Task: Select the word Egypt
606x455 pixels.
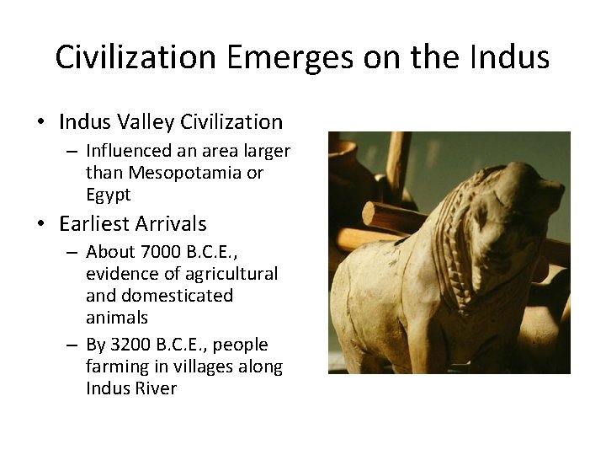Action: tap(109, 195)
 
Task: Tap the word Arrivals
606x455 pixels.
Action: tap(174, 223)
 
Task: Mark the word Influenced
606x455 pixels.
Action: tap(133, 151)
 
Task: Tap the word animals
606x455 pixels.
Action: tap(117, 318)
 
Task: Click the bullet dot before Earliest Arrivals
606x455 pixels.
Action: tap(41, 225)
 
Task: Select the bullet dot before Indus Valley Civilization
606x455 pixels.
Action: tap(41, 123)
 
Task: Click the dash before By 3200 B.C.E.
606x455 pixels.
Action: tap(74, 345)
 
